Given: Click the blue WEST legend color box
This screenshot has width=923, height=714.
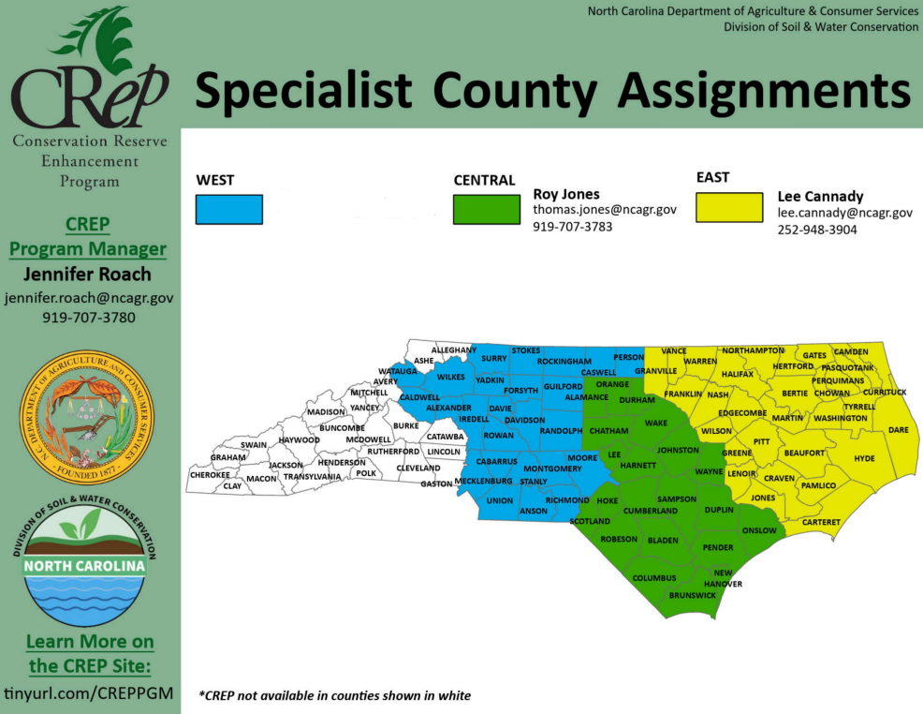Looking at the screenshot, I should pyautogui.click(x=229, y=209).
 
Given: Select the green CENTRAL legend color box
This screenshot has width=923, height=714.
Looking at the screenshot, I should pyautogui.click(x=486, y=209).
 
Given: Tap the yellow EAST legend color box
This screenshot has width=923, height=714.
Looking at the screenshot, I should pyautogui.click(x=729, y=207).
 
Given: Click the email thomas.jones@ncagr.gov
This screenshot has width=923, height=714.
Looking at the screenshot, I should pyautogui.click(x=605, y=211).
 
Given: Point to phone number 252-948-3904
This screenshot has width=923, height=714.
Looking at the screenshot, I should pyautogui.click(x=817, y=230).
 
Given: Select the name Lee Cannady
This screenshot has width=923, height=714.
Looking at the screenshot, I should pyautogui.click(x=820, y=197).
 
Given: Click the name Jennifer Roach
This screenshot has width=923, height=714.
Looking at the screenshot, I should pyautogui.click(x=89, y=275).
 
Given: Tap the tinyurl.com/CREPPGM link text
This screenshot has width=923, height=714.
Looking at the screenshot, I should pyautogui.click(x=89, y=693).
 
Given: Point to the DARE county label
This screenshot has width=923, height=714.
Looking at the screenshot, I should pyautogui.click(x=898, y=430).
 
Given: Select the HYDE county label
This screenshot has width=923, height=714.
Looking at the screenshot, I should pyautogui.click(x=864, y=458).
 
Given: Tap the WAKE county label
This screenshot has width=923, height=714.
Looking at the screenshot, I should pyautogui.click(x=655, y=424).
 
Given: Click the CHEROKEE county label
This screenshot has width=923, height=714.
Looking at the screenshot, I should pyautogui.click(x=210, y=475).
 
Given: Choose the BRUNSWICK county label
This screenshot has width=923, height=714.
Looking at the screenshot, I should pyautogui.click(x=692, y=595).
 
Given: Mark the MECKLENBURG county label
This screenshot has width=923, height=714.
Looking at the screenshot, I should pyautogui.click(x=483, y=482).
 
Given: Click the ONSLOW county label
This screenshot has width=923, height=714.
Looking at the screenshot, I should pyautogui.click(x=758, y=530).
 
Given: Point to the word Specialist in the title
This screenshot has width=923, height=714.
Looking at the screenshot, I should pyautogui.click(x=303, y=91).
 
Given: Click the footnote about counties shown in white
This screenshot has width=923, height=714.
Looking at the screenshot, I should pyautogui.click(x=334, y=695).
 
